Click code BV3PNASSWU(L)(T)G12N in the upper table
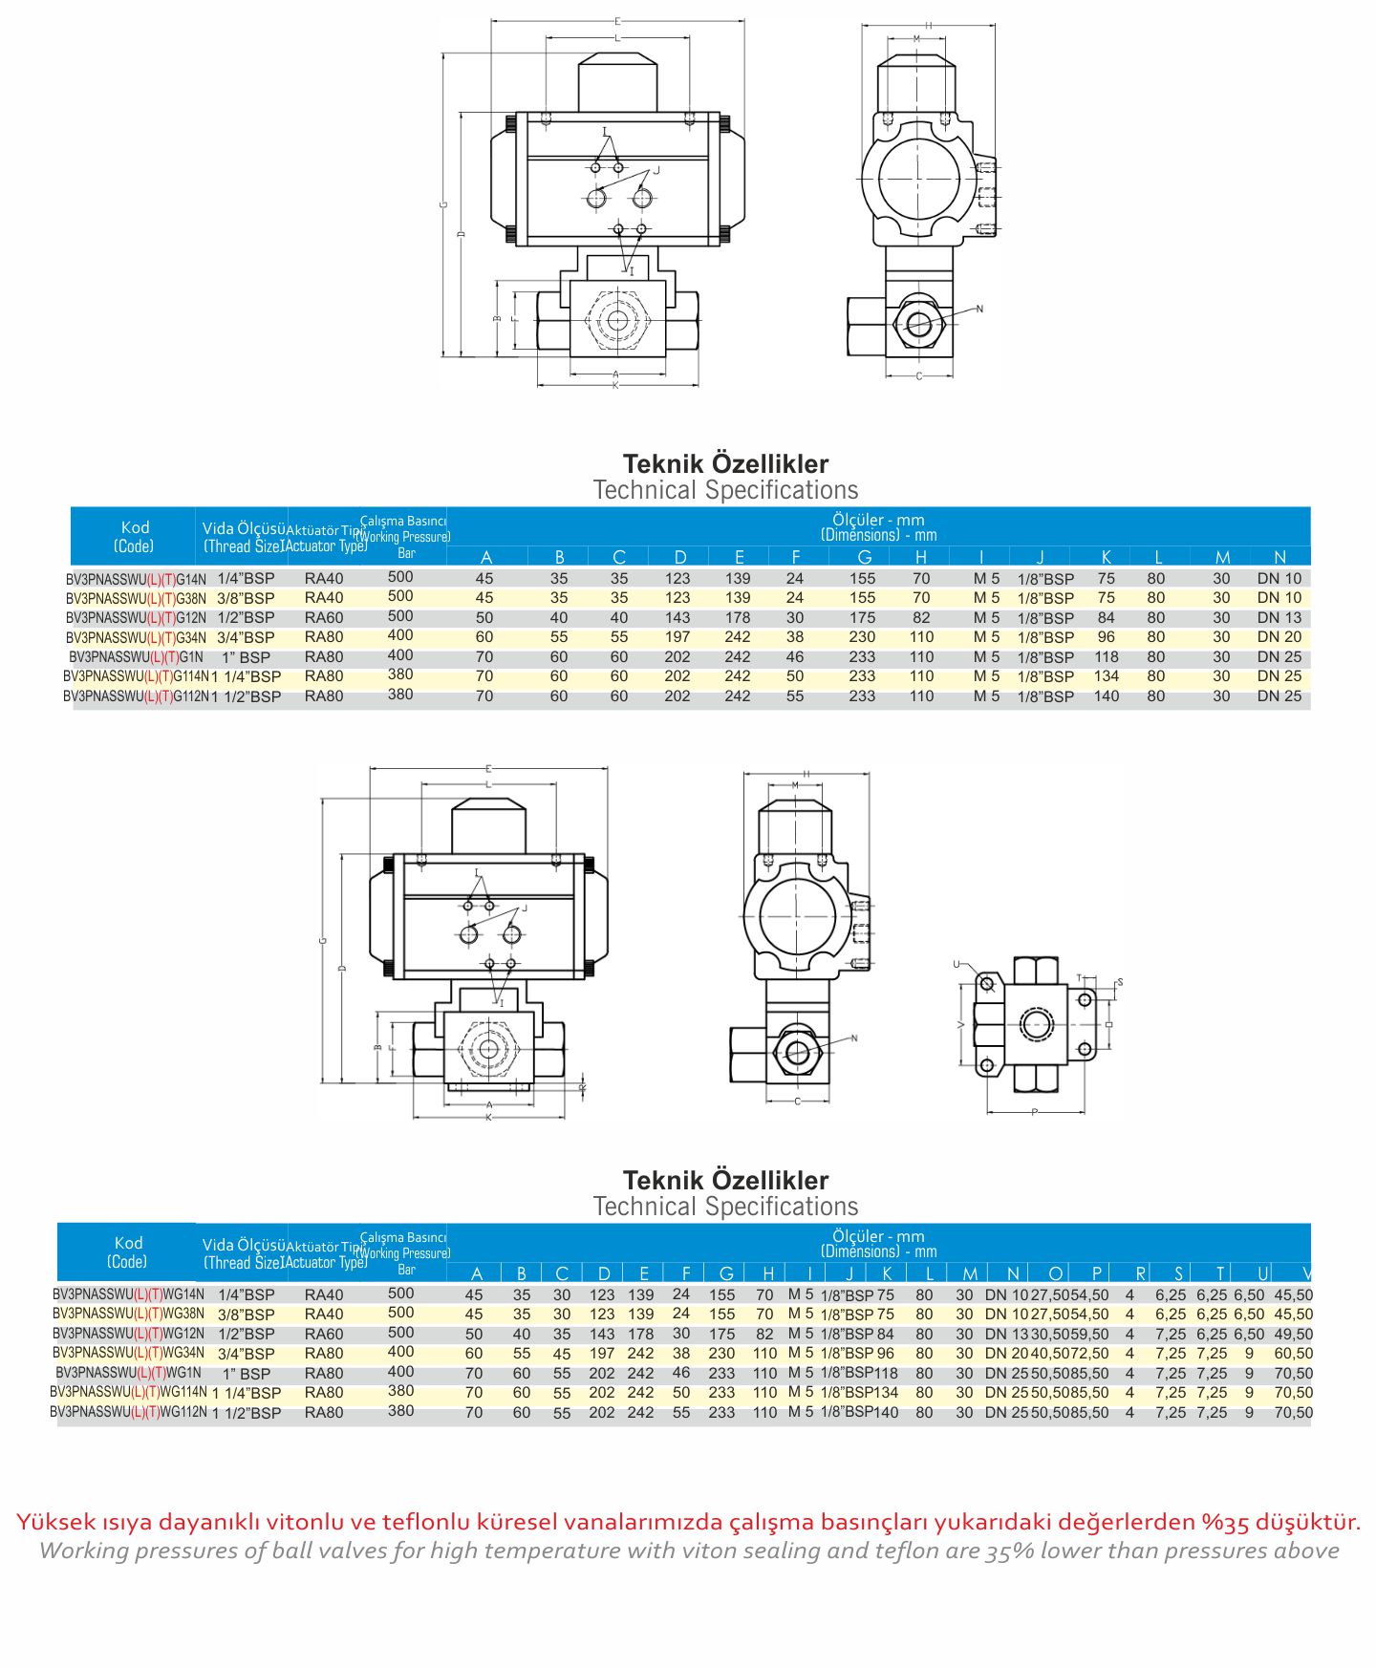point(136,618)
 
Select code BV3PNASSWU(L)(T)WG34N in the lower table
point(128,1353)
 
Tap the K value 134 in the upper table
point(1106,676)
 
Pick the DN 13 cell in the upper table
point(1279,618)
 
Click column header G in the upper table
point(864,557)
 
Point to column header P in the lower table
point(1097,1273)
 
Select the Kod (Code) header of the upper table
point(135,536)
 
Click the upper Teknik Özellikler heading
point(725,464)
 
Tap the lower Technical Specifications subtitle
point(725,1207)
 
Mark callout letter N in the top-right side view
point(979,309)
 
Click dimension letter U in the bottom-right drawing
point(957,965)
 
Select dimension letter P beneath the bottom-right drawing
point(1034,1112)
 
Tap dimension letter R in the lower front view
point(582,1087)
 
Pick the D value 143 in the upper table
point(677,618)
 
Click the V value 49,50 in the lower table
point(1293,1335)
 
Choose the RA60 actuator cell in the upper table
point(324,618)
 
